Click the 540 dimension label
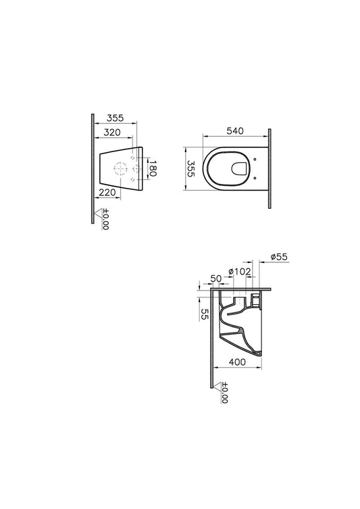(x=235, y=130)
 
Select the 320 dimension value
(x=112, y=132)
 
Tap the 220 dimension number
(x=107, y=193)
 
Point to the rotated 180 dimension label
(x=153, y=168)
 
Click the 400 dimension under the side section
(x=237, y=362)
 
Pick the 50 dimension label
(x=216, y=278)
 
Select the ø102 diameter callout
(x=240, y=272)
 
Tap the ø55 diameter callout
(x=279, y=257)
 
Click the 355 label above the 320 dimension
(x=115, y=118)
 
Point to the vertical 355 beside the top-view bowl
(x=190, y=168)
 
